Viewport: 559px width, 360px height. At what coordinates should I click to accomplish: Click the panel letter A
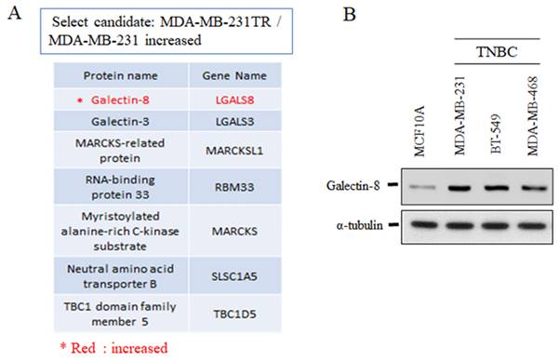15,14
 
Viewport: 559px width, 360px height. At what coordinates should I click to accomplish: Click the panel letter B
350,14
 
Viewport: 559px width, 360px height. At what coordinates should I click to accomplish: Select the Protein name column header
121,76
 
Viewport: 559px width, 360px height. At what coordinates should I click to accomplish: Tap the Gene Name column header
234,76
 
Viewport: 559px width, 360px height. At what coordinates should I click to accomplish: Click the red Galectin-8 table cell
120,100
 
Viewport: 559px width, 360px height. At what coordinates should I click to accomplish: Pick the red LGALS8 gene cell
234,100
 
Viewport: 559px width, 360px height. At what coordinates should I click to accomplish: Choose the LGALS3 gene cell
234,122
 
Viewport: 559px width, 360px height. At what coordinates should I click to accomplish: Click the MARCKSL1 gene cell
234,151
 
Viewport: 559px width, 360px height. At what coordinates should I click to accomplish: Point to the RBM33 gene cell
234,187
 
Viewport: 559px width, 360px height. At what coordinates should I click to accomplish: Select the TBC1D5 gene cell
234,314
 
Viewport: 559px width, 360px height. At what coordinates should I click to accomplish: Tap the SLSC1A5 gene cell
234,276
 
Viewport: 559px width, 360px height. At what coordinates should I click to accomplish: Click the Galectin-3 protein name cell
120,122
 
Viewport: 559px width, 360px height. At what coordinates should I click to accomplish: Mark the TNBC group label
497,52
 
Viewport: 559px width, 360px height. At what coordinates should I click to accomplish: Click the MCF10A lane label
419,131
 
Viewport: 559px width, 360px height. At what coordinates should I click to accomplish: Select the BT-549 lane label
497,134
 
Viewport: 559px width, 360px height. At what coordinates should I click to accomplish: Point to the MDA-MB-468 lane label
532,116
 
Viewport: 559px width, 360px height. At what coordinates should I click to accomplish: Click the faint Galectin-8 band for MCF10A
422,187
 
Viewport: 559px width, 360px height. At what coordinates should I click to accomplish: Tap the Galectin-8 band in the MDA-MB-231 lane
459,188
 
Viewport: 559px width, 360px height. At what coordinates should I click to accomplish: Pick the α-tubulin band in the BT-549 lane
496,226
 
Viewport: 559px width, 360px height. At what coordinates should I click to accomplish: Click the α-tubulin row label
359,225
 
